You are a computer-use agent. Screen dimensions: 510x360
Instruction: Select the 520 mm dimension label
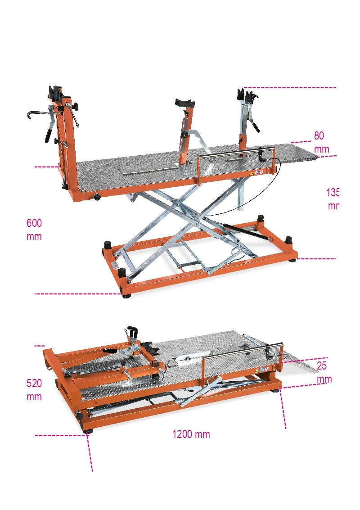pos(34,390)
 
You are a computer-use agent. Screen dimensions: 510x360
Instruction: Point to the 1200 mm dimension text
pos(191,434)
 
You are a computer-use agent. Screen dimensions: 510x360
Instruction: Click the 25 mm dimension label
pos(323,372)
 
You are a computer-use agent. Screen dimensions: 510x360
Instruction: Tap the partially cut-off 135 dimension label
pos(333,199)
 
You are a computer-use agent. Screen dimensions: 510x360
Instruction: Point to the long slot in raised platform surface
pos(148,168)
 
